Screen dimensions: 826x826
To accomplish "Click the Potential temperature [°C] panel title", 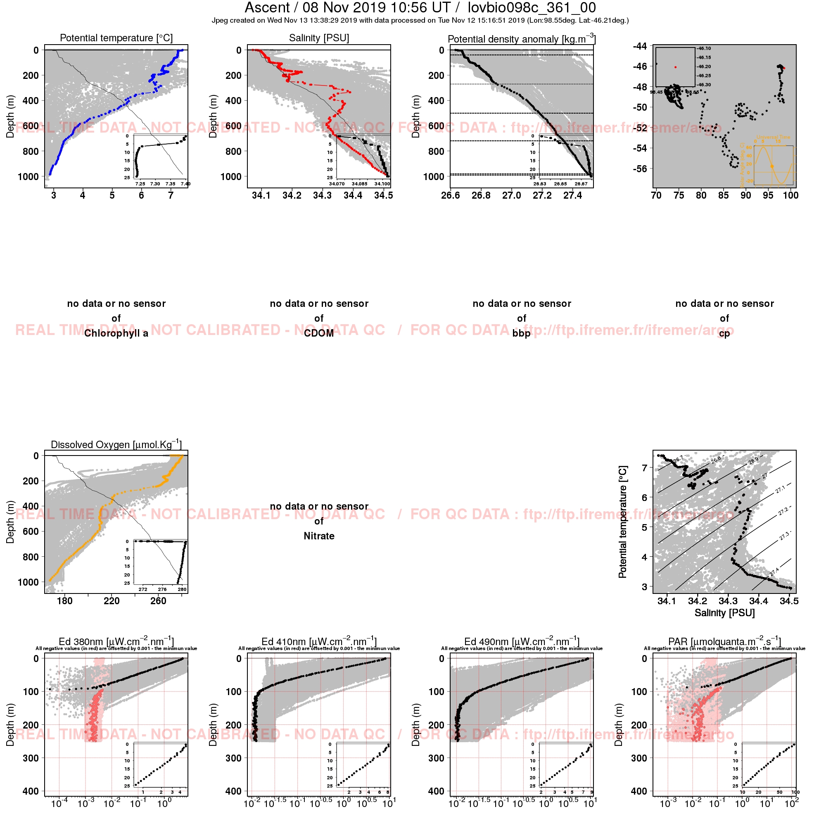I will click(x=116, y=38).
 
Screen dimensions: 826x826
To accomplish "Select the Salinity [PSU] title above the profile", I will click(x=319, y=38).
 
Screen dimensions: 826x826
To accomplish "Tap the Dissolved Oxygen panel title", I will click(x=116, y=445).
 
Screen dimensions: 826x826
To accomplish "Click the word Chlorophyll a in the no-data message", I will click(x=116, y=333).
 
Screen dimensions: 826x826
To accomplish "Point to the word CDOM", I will click(x=319, y=333).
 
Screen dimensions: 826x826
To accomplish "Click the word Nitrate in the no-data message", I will click(x=319, y=536).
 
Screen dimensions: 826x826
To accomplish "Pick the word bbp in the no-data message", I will click(x=522, y=333).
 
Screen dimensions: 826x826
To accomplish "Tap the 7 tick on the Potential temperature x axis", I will click(x=171, y=195).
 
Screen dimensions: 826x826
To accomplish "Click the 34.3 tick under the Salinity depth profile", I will click(x=323, y=195).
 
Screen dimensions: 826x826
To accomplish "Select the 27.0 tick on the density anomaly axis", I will click(x=511, y=195).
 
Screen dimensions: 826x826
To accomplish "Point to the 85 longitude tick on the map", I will click(x=724, y=195).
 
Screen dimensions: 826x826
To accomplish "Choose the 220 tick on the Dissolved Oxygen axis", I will click(x=112, y=601).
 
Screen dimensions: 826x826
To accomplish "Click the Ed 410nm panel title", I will click(x=319, y=642).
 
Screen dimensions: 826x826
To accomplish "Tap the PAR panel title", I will click(x=725, y=642).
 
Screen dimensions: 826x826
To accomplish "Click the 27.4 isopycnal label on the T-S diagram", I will click(x=774, y=572).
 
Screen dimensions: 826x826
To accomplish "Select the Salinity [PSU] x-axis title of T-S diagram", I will click(x=725, y=613).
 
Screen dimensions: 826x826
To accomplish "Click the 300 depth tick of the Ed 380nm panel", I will click(x=31, y=758).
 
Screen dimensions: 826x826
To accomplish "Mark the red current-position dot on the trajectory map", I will click(x=784, y=68).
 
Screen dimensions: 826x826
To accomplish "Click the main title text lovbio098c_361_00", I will click(x=532, y=8).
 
